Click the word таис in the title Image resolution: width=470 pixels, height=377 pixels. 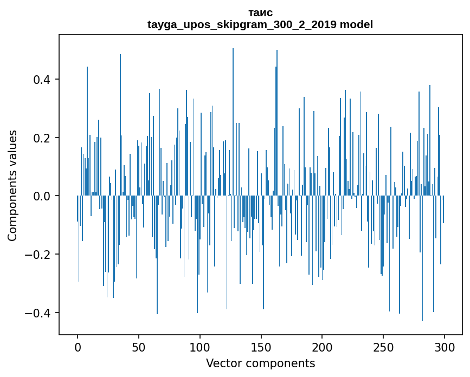coord(260,12)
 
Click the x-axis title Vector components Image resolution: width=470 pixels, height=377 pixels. coord(260,363)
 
